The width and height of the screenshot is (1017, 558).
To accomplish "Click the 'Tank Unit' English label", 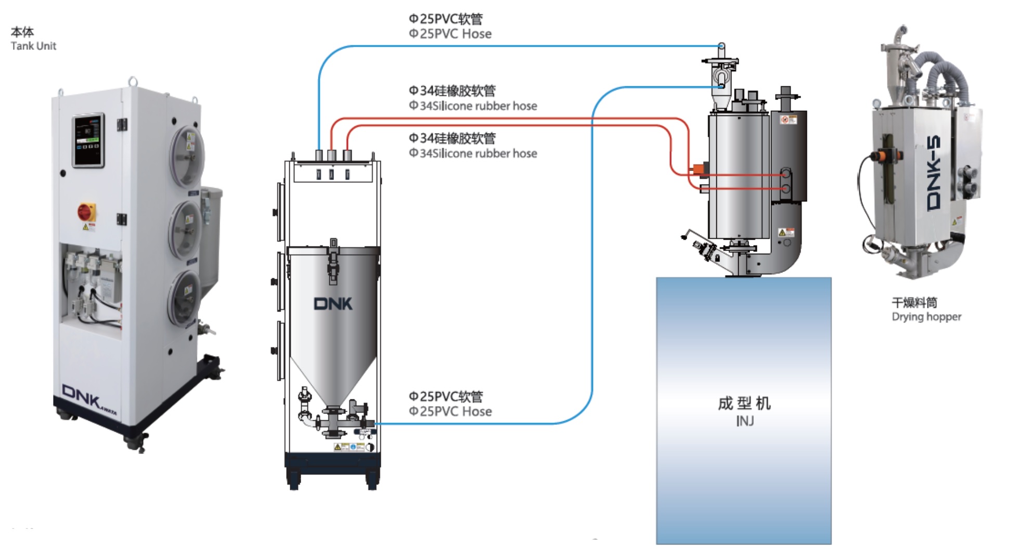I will pyautogui.click(x=33, y=46).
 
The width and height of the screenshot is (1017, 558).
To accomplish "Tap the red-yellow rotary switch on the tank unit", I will pyautogui.click(x=86, y=212).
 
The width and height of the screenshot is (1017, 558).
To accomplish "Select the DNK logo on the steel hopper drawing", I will pyautogui.click(x=333, y=304).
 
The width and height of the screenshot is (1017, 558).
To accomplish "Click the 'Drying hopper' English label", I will pyautogui.click(x=926, y=317).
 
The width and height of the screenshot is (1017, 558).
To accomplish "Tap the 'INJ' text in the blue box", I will pyautogui.click(x=744, y=421).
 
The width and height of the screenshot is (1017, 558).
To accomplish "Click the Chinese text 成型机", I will pyautogui.click(x=744, y=403).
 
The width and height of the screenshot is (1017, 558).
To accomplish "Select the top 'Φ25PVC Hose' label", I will pyautogui.click(x=450, y=34).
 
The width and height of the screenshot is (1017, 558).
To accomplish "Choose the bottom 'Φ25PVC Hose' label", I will pyautogui.click(x=450, y=411).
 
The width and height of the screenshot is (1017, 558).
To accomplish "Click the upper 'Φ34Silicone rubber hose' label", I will pyautogui.click(x=473, y=106).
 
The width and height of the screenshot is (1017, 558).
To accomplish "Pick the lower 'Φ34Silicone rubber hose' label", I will pyautogui.click(x=473, y=153).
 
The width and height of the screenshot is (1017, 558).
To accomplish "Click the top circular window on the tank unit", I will pyautogui.click(x=187, y=155).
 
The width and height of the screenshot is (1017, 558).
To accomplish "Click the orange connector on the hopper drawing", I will pyautogui.click(x=698, y=168).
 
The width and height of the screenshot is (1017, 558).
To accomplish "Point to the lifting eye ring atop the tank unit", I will pyautogui.click(x=133, y=81).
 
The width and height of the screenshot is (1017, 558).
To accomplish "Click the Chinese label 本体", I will pyautogui.click(x=22, y=32).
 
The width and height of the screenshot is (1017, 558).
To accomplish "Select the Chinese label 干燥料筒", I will pyautogui.click(x=914, y=302).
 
